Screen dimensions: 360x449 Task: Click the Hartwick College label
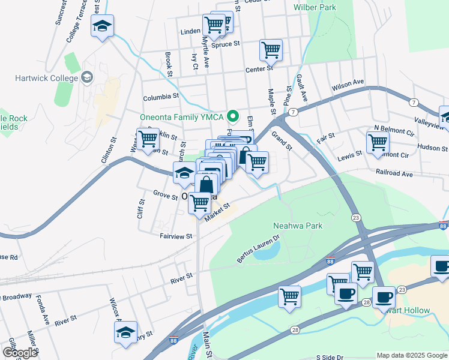tap(39, 78)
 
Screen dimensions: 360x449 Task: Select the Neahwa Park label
tap(298, 226)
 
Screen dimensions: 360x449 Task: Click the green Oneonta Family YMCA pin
tap(235, 116)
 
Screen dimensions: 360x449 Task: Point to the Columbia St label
tap(161, 97)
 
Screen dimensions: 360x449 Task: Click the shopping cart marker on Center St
tap(271, 50)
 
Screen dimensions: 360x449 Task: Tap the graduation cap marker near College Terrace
tap(102, 26)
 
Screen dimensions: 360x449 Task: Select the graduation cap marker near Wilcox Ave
tap(125, 332)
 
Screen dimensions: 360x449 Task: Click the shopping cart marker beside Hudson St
tap(378, 143)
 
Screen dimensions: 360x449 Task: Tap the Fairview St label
tap(175, 236)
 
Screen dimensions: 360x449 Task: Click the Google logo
tap(19, 352)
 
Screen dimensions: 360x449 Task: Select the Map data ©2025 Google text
tap(411, 355)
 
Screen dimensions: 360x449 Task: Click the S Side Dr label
tap(333, 356)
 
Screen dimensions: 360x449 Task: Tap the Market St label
tap(217, 212)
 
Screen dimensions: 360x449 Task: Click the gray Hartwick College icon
tap(87, 77)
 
